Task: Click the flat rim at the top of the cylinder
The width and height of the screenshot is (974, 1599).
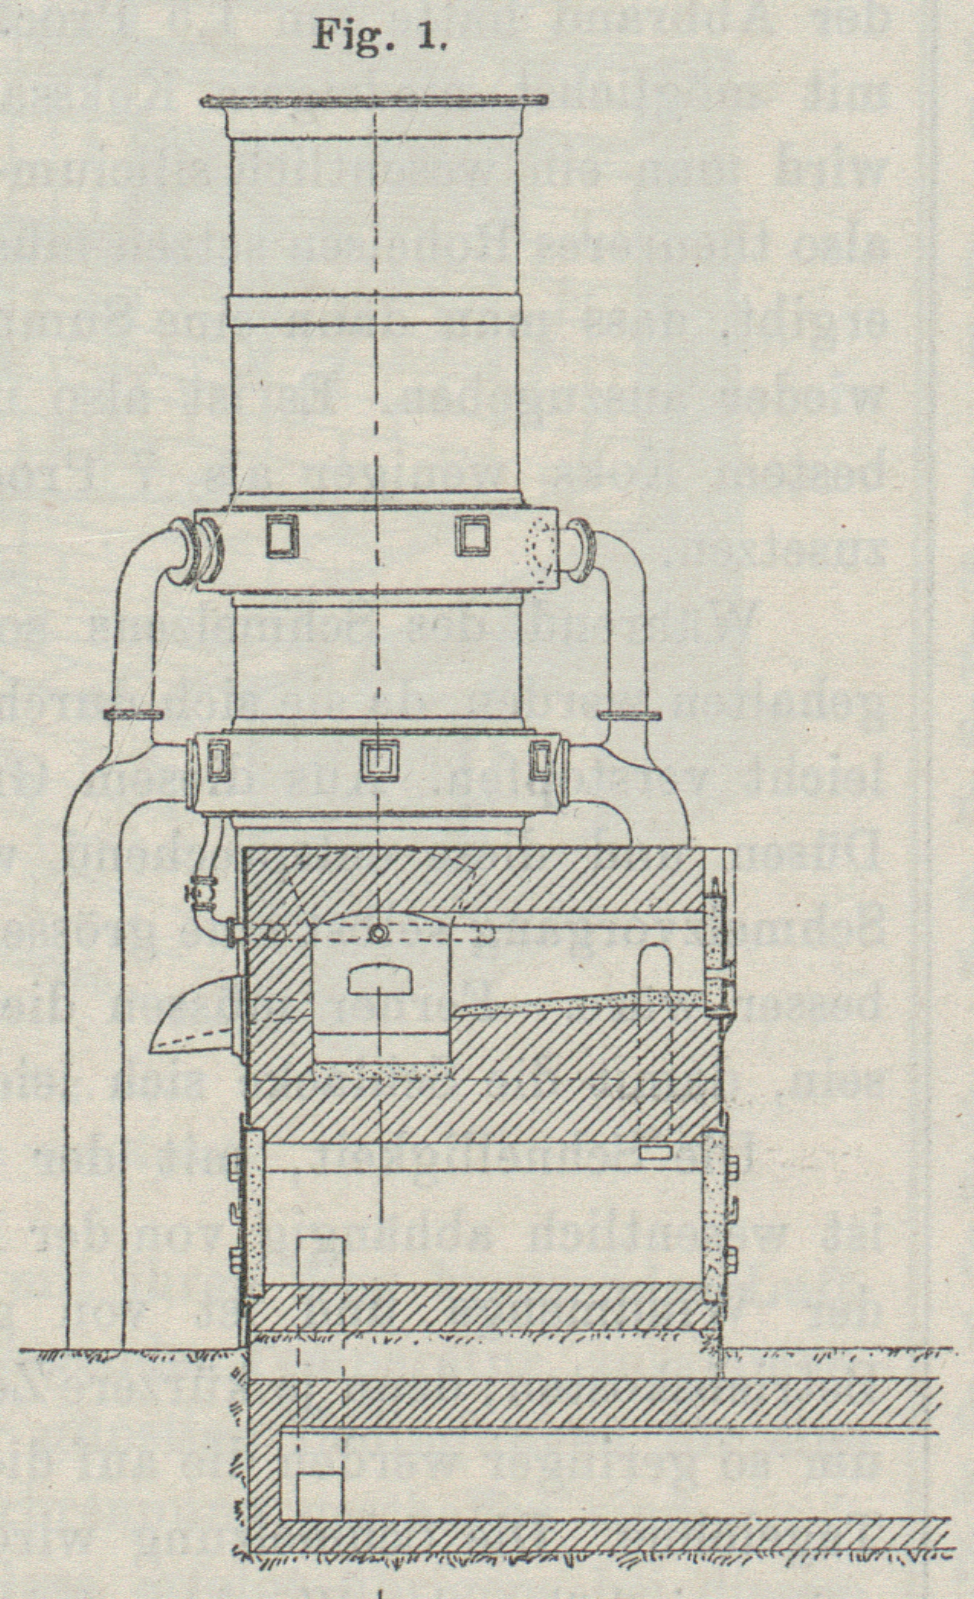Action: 374,102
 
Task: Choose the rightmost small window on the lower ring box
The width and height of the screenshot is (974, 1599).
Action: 542,760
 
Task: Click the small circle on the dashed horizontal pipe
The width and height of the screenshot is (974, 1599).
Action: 377,933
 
